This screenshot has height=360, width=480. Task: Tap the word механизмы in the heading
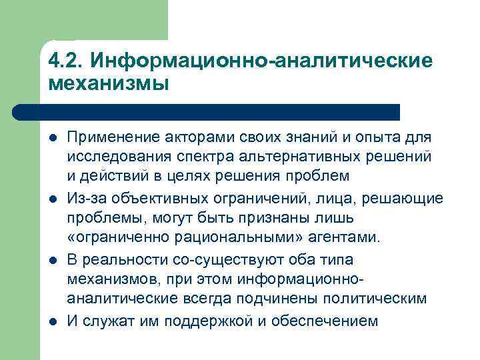pos(109,84)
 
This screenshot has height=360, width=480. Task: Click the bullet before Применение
pos(53,138)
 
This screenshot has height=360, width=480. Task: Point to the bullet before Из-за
pos(53,199)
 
